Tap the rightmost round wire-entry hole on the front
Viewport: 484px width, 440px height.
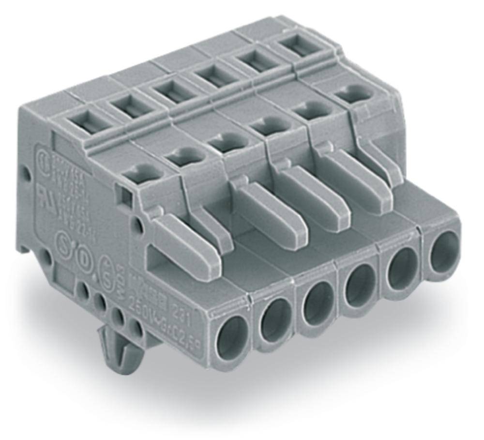coord(444,251)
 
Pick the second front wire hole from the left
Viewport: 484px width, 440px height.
coord(275,320)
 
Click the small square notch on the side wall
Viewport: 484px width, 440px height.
coord(126,198)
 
